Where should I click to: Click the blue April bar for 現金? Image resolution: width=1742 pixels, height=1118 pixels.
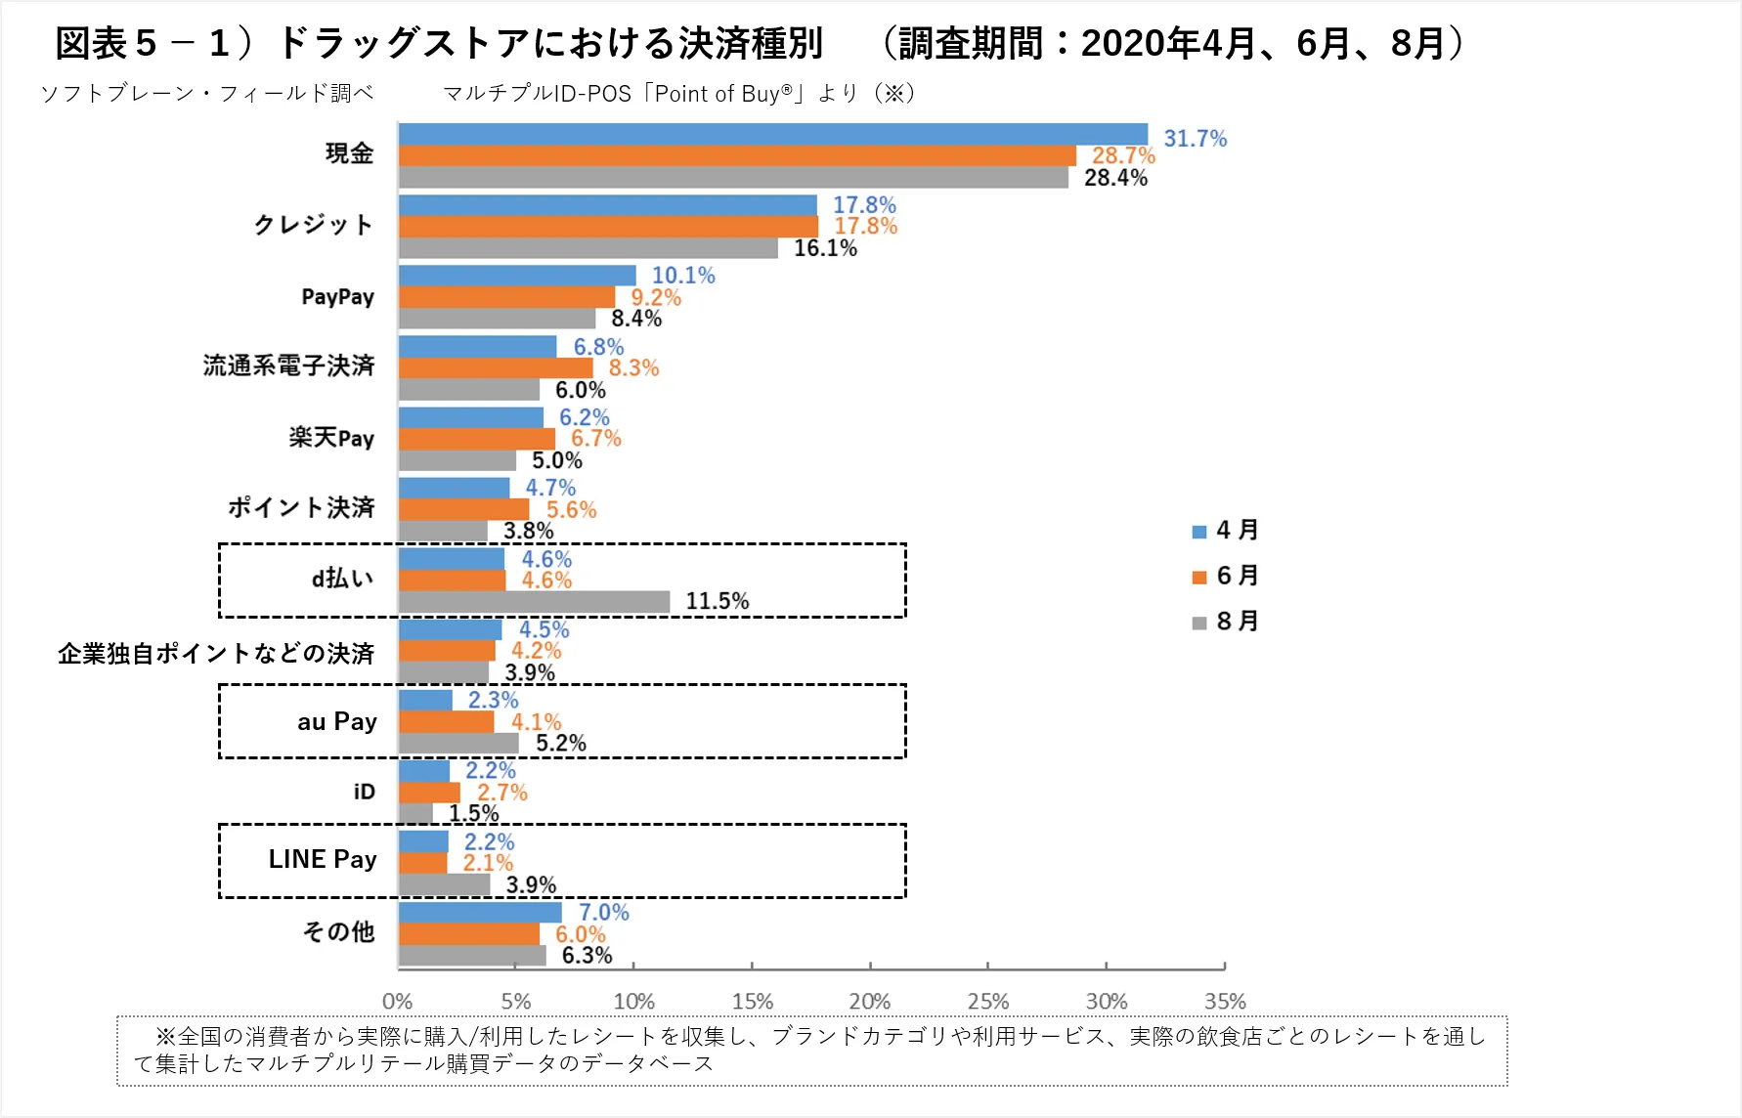point(772,135)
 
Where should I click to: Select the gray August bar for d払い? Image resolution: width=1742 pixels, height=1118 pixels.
point(534,602)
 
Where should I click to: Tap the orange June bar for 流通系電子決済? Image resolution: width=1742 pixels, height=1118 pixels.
point(496,368)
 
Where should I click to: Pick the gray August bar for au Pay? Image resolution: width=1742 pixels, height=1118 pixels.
point(458,744)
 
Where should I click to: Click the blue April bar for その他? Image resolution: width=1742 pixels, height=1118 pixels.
point(480,913)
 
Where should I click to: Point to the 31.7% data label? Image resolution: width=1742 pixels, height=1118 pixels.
point(1195,139)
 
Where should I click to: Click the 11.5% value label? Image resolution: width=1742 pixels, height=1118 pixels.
point(717,601)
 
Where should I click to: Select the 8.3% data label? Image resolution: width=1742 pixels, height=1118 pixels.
point(633,368)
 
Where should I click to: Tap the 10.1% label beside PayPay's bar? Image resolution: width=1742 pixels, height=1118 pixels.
point(683,276)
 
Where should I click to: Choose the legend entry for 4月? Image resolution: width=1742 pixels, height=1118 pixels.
point(1226,531)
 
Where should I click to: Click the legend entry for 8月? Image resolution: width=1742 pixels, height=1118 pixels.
point(1226,622)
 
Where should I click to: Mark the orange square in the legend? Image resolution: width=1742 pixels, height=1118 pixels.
point(1199,577)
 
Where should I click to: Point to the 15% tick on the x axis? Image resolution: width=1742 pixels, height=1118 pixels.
point(752,1002)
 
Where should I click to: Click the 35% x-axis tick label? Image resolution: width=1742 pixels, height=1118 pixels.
point(1224,1002)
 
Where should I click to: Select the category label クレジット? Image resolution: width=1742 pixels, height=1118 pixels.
point(313,225)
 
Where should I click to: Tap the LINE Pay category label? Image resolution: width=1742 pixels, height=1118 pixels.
point(322,859)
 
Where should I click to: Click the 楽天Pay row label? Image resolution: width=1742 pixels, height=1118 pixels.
point(331,438)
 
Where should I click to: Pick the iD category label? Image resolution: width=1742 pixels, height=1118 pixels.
point(364,792)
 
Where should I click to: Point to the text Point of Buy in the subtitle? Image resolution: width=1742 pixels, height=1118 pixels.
point(718,94)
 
